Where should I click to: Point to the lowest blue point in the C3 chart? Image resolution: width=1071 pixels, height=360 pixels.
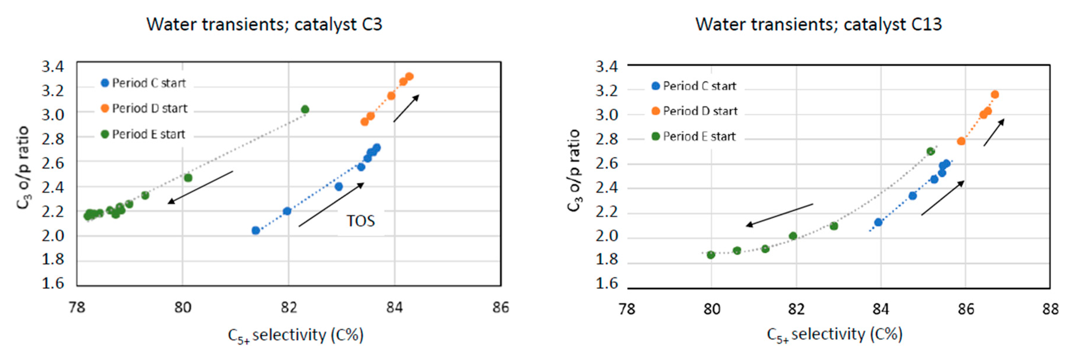tap(256, 230)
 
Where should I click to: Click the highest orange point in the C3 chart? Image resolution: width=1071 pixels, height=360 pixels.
tap(409, 77)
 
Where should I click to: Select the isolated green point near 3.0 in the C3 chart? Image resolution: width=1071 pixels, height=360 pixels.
tap(305, 109)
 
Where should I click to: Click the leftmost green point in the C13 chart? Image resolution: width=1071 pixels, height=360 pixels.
tap(711, 255)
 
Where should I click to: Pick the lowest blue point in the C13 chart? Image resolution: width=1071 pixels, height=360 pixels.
tap(878, 222)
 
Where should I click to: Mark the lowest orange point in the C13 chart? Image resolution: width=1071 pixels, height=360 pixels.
tap(961, 141)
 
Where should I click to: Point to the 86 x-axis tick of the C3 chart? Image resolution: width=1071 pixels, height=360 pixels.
tap(501, 307)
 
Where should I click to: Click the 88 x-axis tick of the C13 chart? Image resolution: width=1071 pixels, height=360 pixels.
tap(1050, 309)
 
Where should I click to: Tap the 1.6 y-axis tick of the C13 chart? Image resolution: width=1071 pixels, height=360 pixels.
tap(607, 283)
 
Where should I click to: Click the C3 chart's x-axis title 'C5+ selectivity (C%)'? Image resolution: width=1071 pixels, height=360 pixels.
tap(296, 335)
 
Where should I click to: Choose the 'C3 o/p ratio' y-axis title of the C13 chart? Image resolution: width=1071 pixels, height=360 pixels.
tap(574, 170)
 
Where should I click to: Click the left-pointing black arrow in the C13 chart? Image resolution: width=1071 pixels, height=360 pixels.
tap(779, 215)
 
